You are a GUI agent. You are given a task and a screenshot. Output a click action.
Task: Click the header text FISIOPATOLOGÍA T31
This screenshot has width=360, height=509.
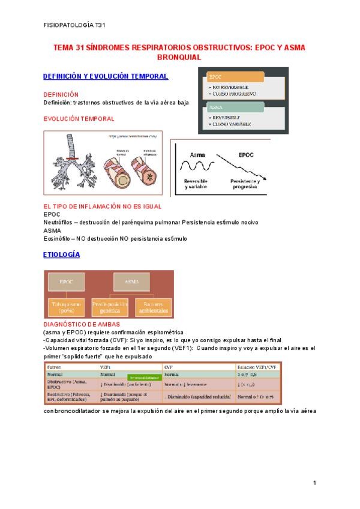(75, 26)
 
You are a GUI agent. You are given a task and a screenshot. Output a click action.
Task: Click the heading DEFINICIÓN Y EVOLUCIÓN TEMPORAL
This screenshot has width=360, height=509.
(106, 76)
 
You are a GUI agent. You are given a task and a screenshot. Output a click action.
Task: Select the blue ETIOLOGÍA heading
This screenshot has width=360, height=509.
(62, 254)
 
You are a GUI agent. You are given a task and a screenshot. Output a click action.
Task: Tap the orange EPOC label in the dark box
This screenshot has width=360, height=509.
(235, 77)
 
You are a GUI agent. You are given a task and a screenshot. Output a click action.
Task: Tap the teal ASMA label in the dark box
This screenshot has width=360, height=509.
(235, 107)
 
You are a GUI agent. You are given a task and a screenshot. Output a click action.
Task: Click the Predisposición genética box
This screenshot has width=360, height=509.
(108, 308)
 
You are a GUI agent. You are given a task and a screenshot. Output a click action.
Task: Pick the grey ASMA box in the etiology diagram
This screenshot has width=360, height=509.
(131, 281)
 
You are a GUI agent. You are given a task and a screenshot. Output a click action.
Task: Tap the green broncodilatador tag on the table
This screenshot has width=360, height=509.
(142, 378)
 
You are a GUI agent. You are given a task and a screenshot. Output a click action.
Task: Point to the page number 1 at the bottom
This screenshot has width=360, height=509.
(314, 483)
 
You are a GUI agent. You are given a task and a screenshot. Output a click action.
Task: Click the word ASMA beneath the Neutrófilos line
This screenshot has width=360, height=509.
(52, 230)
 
